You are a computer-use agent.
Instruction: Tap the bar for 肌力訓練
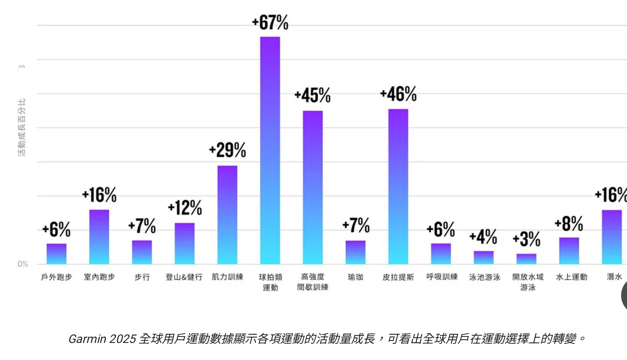point(227,215)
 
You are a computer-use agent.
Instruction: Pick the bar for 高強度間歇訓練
point(313,187)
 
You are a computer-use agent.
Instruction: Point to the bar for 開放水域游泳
point(526,259)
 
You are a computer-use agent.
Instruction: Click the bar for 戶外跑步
point(56,254)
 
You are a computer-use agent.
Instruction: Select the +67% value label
point(270,23)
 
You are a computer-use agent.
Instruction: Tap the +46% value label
point(398,94)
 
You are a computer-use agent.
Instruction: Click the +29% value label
point(227,150)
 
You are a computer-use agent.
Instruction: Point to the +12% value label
point(185,208)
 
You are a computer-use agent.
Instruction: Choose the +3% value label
point(527,239)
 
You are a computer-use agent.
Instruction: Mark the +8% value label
point(569,224)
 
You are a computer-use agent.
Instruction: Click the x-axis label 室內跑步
point(99,277)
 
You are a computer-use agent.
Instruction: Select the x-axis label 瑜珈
point(356,277)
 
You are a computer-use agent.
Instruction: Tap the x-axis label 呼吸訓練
point(442,277)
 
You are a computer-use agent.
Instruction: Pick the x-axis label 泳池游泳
point(485,277)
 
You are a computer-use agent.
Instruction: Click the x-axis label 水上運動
point(571,277)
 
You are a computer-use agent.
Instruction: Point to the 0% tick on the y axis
point(23,264)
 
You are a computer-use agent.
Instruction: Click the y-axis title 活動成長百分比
point(22,127)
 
